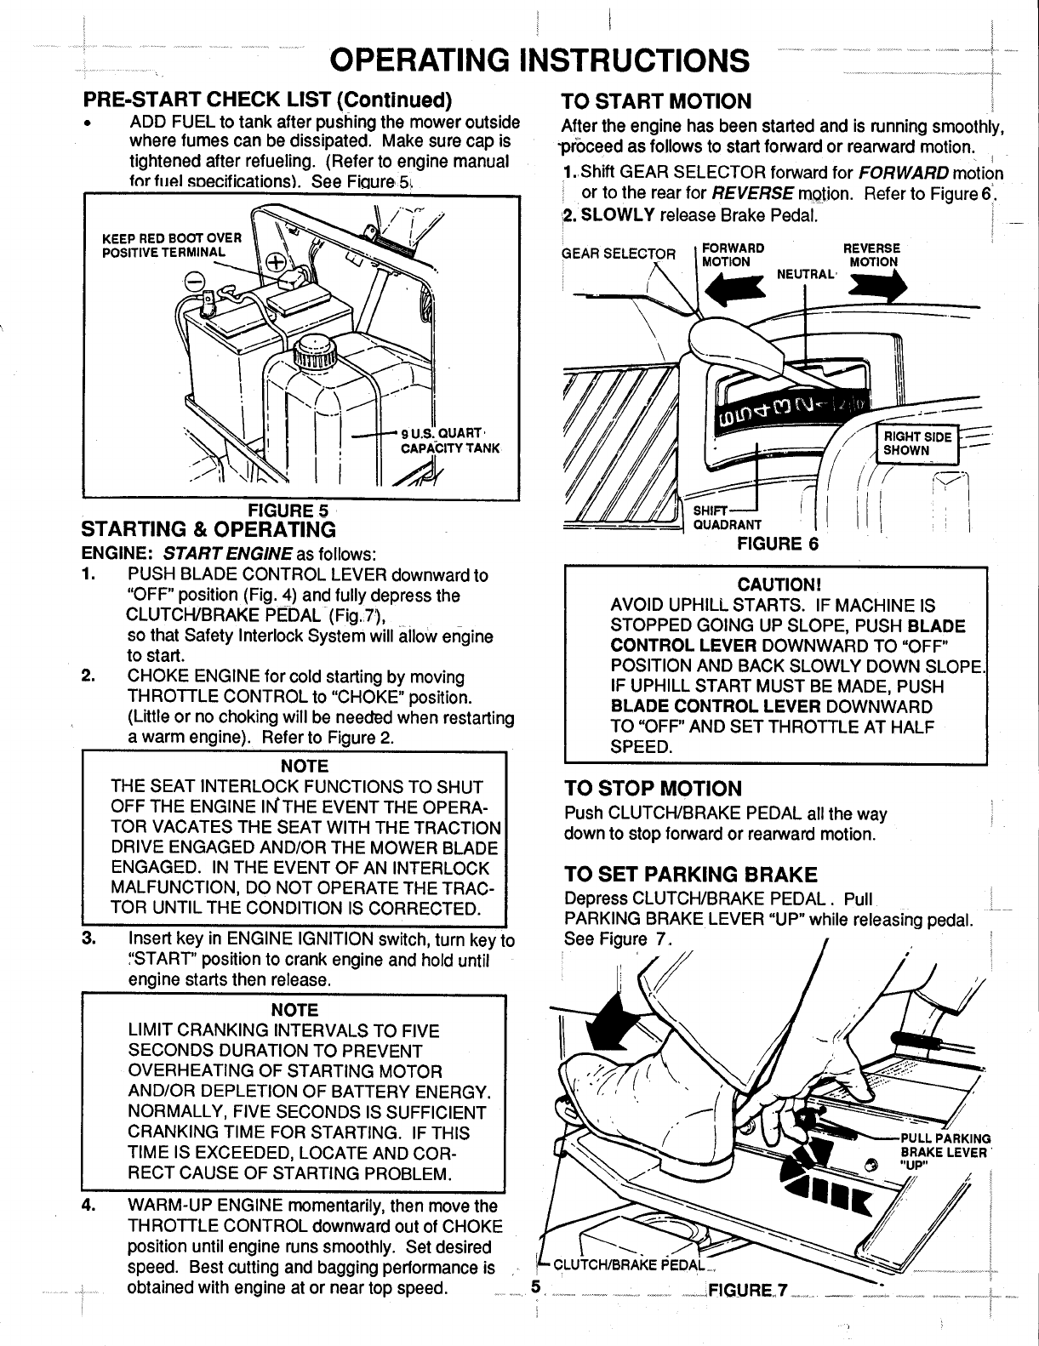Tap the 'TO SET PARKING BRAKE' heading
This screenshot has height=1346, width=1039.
690,875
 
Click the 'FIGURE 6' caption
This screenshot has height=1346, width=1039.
777,543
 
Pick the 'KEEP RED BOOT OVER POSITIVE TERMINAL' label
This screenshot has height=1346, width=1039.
172,244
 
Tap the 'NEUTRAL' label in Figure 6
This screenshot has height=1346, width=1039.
805,274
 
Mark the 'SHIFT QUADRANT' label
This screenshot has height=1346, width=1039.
726,517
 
